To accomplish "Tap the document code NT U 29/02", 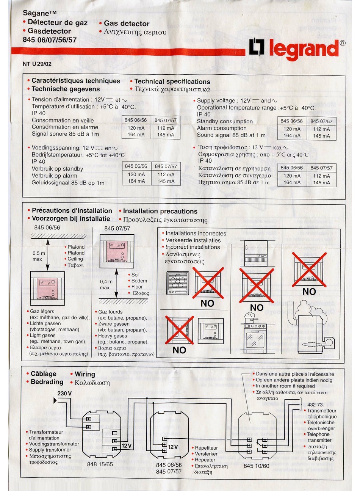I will pyautogui.click(x=37, y=64).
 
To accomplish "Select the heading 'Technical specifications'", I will pyautogui.click(x=172, y=82).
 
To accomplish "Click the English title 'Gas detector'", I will pyautogui.click(x=127, y=24).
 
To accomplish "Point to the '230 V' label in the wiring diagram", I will pyautogui.click(x=64, y=393).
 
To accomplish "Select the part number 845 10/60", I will pyautogui.click(x=257, y=466).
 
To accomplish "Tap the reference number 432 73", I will pyautogui.click(x=315, y=405).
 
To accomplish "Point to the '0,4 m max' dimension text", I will pyautogui.click(x=106, y=284).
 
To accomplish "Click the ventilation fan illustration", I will pyautogui.click(x=177, y=283).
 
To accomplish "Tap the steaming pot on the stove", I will pyautogui.click(x=249, y=317).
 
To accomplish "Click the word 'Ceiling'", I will pyautogui.click(x=75, y=259).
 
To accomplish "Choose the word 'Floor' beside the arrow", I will pyautogui.click(x=137, y=287).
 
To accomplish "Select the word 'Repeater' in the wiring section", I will pyautogui.click(x=205, y=460).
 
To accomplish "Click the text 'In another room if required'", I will pyautogui.click(x=285, y=386).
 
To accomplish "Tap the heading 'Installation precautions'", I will pyautogui.click(x=160, y=211).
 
